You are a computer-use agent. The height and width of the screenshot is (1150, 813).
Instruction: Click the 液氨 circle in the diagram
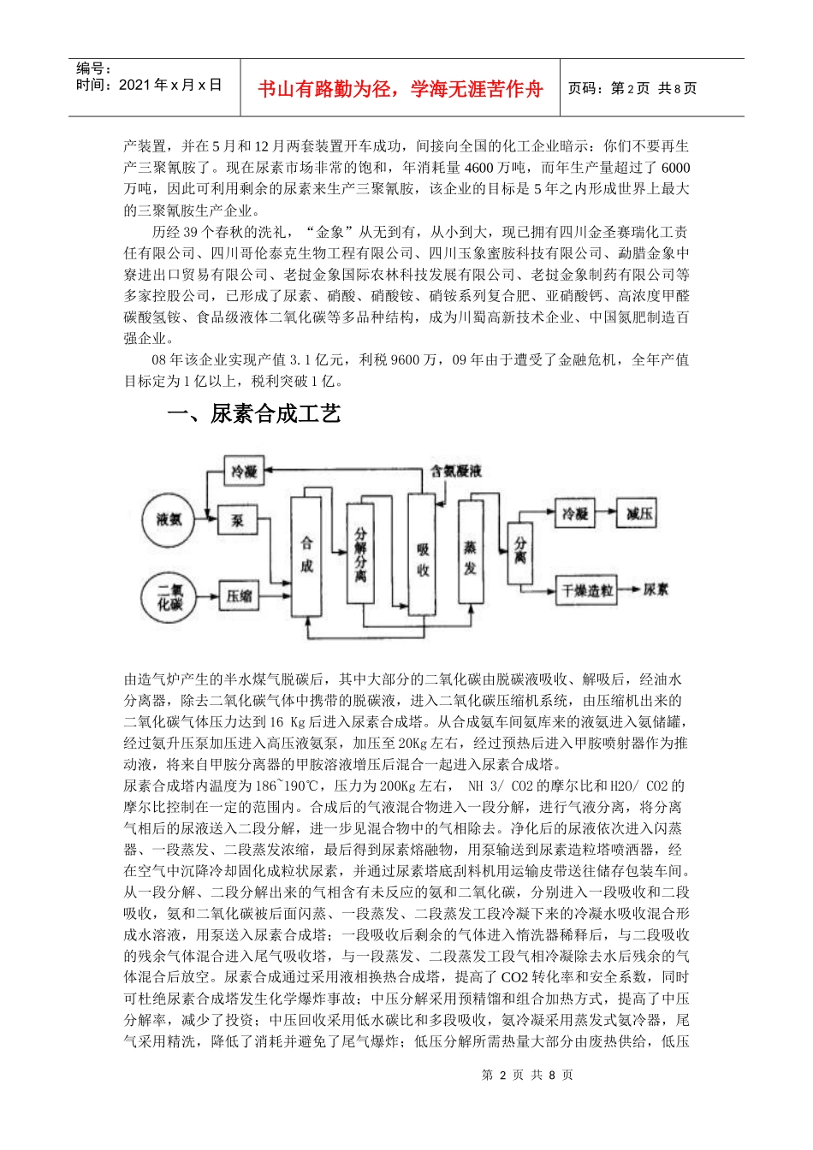pyautogui.click(x=169, y=519)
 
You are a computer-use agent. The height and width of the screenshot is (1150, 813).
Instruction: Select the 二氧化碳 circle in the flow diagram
pyautogui.click(x=169, y=596)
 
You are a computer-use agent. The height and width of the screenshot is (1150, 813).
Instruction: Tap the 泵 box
pyautogui.click(x=238, y=519)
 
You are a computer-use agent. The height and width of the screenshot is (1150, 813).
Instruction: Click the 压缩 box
pyautogui.click(x=239, y=596)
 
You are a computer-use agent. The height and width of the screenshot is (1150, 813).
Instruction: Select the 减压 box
pyautogui.click(x=639, y=513)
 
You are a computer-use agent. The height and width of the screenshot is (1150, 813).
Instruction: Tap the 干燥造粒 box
pyautogui.click(x=587, y=590)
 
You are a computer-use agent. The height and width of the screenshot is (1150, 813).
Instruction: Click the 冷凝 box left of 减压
pyautogui.click(x=575, y=513)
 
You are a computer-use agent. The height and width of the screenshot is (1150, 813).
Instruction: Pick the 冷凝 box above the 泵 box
pyautogui.click(x=244, y=471)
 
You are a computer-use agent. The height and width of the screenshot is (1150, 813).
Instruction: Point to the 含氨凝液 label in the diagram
pyautogui.click(x=457, y=471)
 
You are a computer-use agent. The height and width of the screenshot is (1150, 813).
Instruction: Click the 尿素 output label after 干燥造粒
pyautogui.click(x=656, y=590)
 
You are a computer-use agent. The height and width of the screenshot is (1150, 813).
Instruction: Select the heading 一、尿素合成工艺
pyautogui.click(x=254, y=414)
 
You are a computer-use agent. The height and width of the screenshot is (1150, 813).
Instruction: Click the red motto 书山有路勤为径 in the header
pyautogui.click(x=401, y=89)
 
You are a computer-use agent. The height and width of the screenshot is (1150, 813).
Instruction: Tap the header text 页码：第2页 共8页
pyautogui.click(x=632, y=88)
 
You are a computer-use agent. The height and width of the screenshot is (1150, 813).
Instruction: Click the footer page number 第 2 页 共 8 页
pyautogui.click(x=527, y=1075)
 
